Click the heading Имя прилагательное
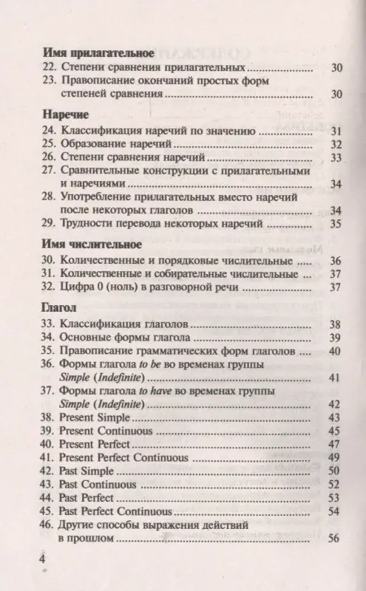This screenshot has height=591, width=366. tap(97, 53)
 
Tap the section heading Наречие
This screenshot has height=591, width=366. tap(61, 115)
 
